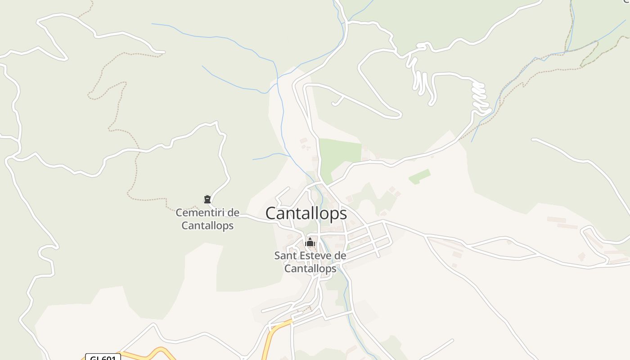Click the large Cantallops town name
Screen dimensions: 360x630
tap(306, 213)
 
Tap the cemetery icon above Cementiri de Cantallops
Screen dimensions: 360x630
tap(207, 199)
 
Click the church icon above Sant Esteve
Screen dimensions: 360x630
tap(310, 243)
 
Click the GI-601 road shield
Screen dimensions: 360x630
tap(103, 358)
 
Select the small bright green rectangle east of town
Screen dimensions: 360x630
tap(419, 176)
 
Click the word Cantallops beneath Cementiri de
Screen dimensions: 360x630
tap(207, 225)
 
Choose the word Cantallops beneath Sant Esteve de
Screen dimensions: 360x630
tap(310, 269)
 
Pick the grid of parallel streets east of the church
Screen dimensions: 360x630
tap(367, 238)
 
